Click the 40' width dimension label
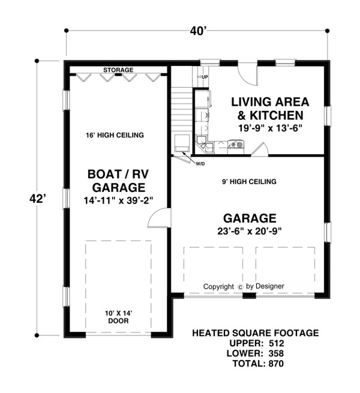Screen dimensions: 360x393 click(x=198, y=31)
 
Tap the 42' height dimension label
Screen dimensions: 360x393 click(x=38, y=199)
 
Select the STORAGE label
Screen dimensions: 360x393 click(x=118, y=70)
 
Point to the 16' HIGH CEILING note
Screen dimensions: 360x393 click(x=115, y=135)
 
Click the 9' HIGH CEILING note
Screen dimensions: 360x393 click(x=249, y=181)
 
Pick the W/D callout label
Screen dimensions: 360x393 click(x=200, y=164)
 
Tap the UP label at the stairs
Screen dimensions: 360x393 click(x=205, y=77)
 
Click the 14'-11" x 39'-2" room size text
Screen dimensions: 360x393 click(x=118, y=200)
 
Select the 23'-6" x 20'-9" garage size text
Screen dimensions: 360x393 click(x=250, y=231)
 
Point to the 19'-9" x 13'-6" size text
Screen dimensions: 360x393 click(x=270, y=128)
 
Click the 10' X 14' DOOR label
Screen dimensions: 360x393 click(x=119, y=317)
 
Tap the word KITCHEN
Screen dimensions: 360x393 click(x=277, y=115)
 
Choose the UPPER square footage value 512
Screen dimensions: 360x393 click(x=276, y=343)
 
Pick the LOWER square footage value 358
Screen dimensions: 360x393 click(x=276, y=353)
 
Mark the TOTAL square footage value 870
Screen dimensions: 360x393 click(x=276, y=363)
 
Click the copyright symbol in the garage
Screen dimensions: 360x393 click(x=240, y=287)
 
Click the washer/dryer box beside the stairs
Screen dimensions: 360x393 click(x=182, y=143)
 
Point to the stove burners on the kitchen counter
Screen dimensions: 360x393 click(x=236, y=144)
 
